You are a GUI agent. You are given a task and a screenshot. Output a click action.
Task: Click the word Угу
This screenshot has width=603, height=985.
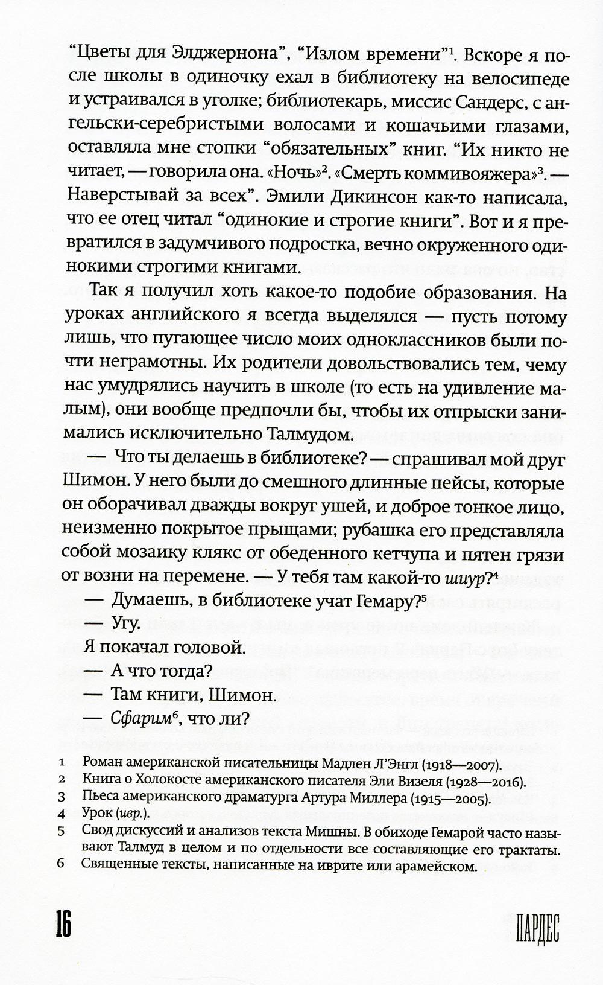(127, 623)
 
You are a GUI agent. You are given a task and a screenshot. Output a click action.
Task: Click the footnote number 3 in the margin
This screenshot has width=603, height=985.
(61, 800)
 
